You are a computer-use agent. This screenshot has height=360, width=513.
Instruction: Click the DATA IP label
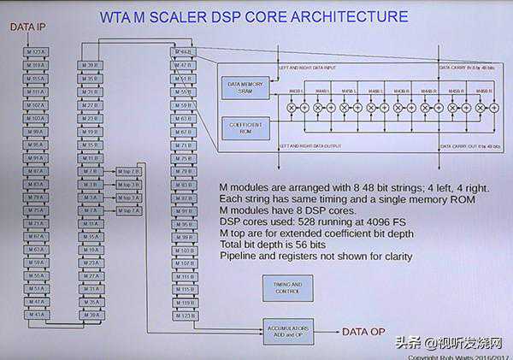pos(27,27)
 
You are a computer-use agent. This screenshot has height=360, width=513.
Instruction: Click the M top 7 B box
pos(128,172)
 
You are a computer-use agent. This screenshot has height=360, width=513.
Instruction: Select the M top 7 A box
pos(128,210)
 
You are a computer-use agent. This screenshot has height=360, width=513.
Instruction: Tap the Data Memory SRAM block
pos(245,86)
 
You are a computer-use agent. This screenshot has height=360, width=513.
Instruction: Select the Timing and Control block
pos(282,287)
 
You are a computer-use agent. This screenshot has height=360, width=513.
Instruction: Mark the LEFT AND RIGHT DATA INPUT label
pos(311,67)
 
